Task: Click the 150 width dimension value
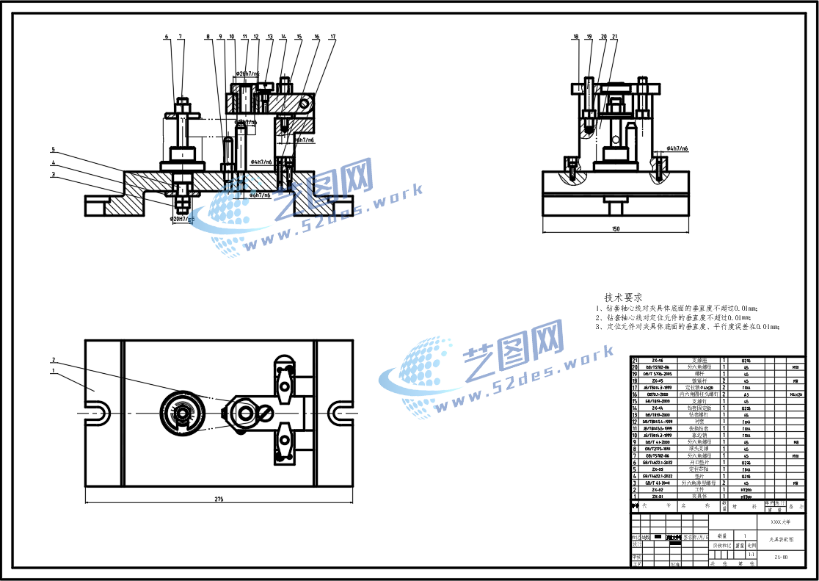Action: tap(615, 229)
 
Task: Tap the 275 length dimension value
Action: tap(219, 499)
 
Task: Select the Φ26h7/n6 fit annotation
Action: tap(247, 73)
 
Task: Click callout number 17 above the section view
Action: tap(332, 36)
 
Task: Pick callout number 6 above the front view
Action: tap(166, 36)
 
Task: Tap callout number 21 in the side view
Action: tap(614, 36)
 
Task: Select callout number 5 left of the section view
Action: tap(53, 150)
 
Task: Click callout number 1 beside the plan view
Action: tap(53, 371)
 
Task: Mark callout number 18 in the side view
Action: tap(576, 36)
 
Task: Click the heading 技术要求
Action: tap(623, 297)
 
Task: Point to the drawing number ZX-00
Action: tap(781, 557)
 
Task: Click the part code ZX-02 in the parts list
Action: tap(658, 489)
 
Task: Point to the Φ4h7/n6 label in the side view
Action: tap(674, 149)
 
